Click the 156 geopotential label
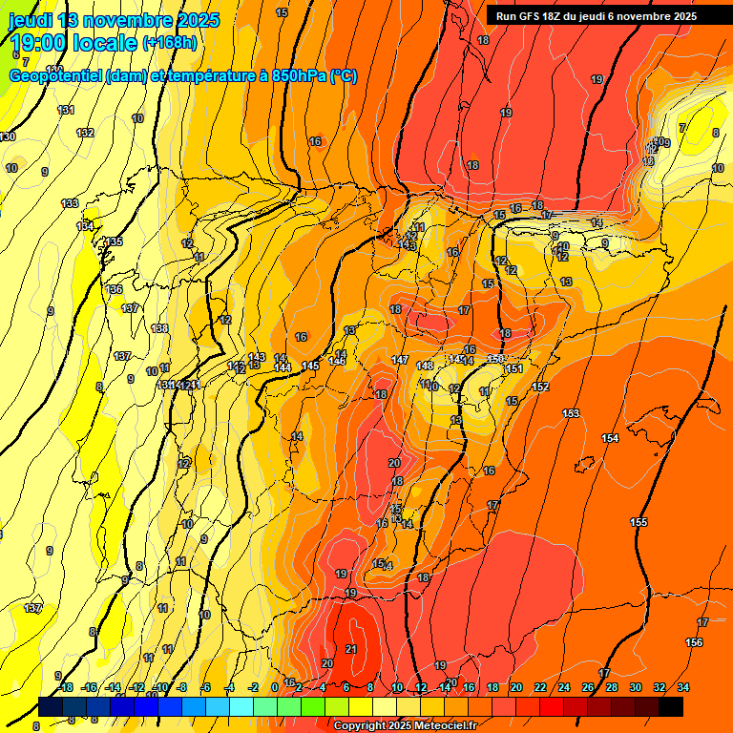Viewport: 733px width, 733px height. point(694,642)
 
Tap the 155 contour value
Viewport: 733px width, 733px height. point(639,522)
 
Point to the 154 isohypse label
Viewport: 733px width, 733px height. point(610,438)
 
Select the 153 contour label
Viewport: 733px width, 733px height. point(571,412)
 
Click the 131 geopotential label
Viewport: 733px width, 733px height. point(66,111)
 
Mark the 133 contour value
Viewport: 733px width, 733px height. point(70,203)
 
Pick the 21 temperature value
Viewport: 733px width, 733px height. point(351,649)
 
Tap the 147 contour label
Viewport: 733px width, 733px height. point(400,360)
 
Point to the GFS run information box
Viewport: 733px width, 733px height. point(596,16)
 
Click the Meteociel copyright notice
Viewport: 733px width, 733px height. point(405,726)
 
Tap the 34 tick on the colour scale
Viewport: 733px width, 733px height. point(683,687)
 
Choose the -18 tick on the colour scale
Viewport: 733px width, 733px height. point(65,687)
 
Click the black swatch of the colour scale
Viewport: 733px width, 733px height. point(671,706)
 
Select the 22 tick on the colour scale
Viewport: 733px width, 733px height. point(540,687)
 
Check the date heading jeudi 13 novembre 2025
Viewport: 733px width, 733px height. point(113,19)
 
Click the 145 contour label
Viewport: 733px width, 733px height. point(310,366)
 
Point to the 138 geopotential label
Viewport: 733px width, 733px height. point(159,328)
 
